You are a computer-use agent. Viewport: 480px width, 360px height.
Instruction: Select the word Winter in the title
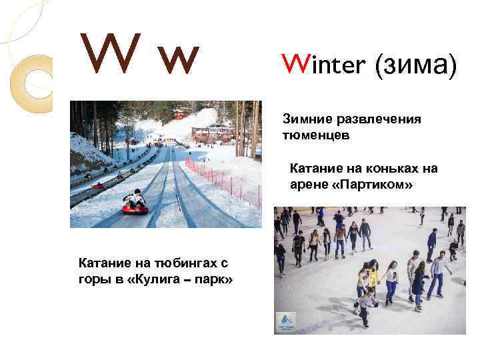323,65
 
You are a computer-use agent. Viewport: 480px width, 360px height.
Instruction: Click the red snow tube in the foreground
135,209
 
